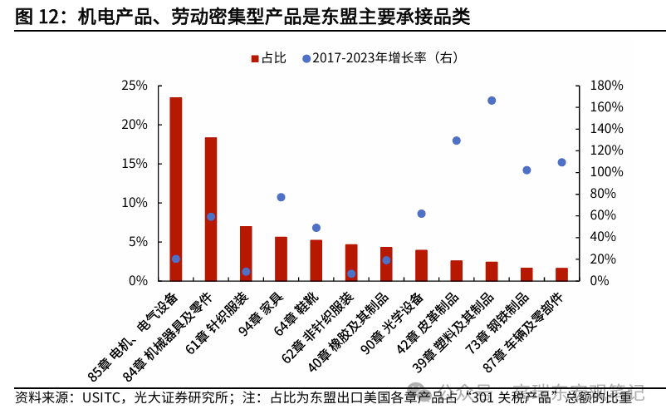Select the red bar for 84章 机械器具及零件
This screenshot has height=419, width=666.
211,209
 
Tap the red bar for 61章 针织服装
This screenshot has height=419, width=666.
246,254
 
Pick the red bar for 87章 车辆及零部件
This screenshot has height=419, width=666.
561,274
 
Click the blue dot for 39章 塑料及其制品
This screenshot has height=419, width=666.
492,101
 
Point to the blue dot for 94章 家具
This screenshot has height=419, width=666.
281,197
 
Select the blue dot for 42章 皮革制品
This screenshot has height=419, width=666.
456,140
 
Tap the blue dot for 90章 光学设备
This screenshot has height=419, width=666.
421,214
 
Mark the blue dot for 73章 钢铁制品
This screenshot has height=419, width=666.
526,170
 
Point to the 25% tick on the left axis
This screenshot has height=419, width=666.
135,86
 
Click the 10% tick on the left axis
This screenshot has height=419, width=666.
135,203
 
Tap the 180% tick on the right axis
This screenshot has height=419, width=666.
606,86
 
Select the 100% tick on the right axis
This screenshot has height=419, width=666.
606,172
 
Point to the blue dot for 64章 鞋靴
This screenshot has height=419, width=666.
316,228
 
